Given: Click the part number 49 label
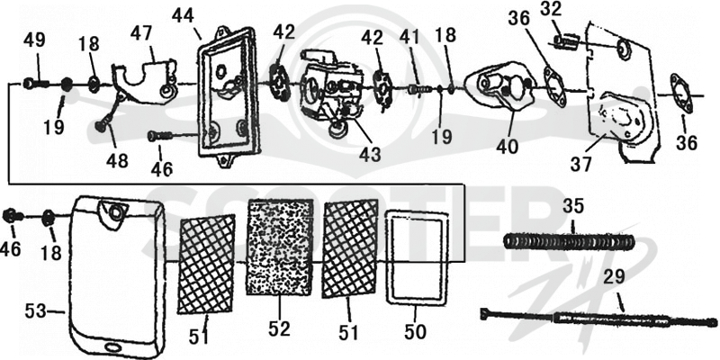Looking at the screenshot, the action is click(x=34, y=40).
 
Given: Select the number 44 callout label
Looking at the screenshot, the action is click(x=183, y=16).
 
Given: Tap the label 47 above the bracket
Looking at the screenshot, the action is click(x=141, y=33).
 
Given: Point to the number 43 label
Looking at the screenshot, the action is click(x=370, y=154).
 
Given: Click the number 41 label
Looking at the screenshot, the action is click(x=410, y=36).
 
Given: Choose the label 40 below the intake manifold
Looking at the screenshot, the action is click(x=507, y=146).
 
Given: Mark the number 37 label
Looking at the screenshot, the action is click(x=581, y=164).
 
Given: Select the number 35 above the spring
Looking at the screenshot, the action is click(x=573, y=206).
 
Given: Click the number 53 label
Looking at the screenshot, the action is click(x=35, y=311).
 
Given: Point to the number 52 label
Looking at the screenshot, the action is click(x=280, y=328).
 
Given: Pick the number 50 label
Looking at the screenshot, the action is click(x=415, y=331).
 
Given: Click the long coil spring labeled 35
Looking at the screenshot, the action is click(x=569, y=241).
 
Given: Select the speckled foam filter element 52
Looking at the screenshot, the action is click(x=280, y=247).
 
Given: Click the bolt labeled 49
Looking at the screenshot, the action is click(x=36, y=84).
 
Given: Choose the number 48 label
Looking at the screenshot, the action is click(x=117, y=160).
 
